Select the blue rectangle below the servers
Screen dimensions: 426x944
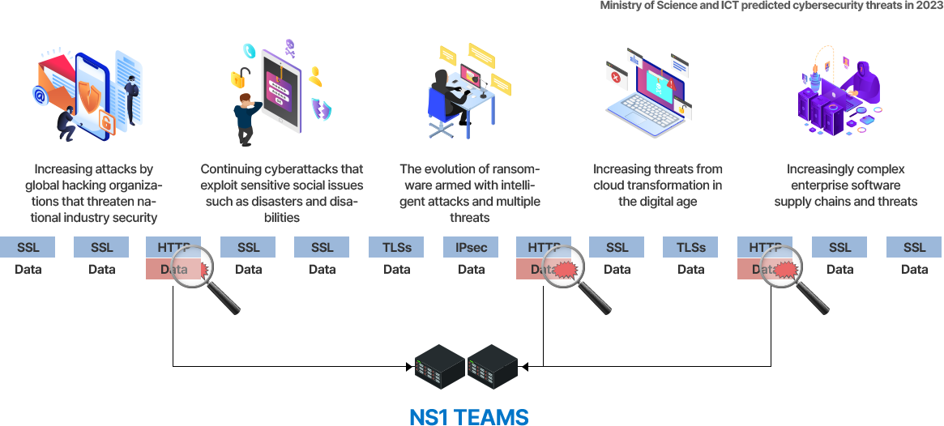(x=468, y=417)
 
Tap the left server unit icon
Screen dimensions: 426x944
(x=440, y=367)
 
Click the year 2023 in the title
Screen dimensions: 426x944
(x=927, y=6)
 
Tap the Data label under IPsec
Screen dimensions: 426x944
(x=472, y=270)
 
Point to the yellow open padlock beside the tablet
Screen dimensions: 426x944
(x=239, y=79)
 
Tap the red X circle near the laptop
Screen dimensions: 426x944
(x=617, y=78)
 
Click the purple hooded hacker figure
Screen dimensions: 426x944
(x=864, y=78)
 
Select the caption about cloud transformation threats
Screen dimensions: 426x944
(x=657, y=185)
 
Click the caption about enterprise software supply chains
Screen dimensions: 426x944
(x=845, y=185)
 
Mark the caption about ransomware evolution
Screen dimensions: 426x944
(x=470, y=193)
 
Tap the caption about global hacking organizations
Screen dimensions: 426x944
(x=94, y=193)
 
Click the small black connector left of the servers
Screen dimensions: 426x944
(x=409, y=367)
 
